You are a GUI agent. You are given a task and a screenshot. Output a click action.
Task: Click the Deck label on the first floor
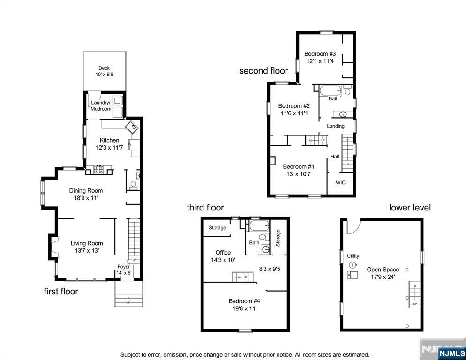[x=104, y=68]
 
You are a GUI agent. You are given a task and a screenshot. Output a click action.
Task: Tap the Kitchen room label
[x=109, y=140]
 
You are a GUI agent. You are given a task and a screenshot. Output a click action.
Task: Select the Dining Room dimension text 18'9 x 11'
[x=86, y=198]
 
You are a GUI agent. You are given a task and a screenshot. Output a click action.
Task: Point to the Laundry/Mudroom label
[x=101, y=105]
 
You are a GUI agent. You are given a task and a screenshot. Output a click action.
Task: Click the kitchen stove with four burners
[x=98, y=169]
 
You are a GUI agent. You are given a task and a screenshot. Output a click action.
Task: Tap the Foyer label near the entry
[x=124, y=267]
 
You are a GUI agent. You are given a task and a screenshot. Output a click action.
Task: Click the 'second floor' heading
[x=263, y=71]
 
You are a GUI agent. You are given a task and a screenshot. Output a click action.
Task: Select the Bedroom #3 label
[x=320, y=54]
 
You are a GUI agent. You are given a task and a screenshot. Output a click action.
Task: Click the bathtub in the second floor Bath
[x=330, y=90]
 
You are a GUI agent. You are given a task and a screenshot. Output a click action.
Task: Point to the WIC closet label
[x=340, y=182]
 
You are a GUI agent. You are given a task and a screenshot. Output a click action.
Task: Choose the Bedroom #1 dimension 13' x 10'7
[x=298, y=174]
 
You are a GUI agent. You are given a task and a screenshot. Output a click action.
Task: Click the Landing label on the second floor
[x=336, y=126]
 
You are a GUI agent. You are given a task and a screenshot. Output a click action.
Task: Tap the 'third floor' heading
[x=205, y=208]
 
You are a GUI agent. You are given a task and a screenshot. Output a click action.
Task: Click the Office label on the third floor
[x=223, y=253]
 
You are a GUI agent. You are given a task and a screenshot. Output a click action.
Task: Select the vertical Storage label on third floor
[x=278, y=238]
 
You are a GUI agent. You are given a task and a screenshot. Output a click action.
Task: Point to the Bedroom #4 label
[x=244, y=301]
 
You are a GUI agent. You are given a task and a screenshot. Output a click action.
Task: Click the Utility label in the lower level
[x=353, y=256]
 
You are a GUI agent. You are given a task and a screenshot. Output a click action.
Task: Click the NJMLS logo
[x=452, y=353]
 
